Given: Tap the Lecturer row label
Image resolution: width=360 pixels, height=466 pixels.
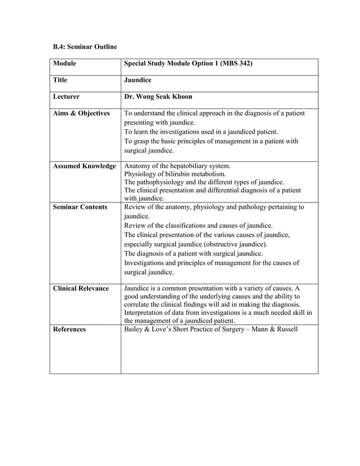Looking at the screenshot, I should pyautogui.click(x=66, y=96).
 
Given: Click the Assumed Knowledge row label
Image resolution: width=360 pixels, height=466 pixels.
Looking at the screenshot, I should pyautogui.click(x=84, y=166).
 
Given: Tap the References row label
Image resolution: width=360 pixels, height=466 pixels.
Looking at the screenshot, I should pyautogui.click(x=69, y=329).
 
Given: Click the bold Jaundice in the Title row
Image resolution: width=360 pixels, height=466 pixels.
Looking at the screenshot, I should pyautogui.click(x=138, y=80).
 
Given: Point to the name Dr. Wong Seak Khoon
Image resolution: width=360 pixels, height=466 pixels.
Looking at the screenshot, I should pyautogui.click(x=158, y=96).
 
